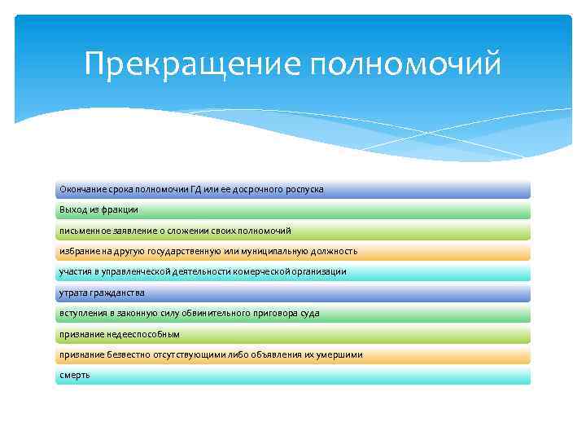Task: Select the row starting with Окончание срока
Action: pyautogui.click(x=293, y=189)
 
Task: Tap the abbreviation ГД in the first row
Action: pyautogui.click(x=195, y=189)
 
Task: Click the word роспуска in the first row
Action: pyautogui.click(x=304, y=189)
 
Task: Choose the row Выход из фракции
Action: pyautogui.click(x=293, y=210)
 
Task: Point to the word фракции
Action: pyautogui.click(x=120, y=210)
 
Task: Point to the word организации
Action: pyautogui.click(x=316, y=271)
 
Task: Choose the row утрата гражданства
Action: pyautogui.click(x=293, y=293)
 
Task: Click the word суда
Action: pyautogui.click(x=308, y=313)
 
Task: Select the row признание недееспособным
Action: pyautogui.click(x=293, y=334)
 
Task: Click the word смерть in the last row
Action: pyautogui.click(x=75, y=375)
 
